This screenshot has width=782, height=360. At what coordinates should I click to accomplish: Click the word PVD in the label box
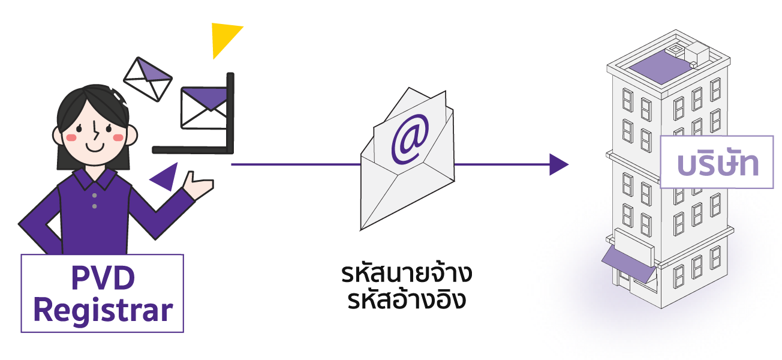pos(103,278)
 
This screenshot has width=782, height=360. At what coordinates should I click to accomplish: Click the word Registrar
pos(103,310)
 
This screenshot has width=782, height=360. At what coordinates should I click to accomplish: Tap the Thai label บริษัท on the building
pos(718,163)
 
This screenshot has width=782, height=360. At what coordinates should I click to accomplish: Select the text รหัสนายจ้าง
pos(407,274)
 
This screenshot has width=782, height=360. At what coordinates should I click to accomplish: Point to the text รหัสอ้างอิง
pos(407,299)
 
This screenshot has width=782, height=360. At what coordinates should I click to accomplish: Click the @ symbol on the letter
pos(410,139)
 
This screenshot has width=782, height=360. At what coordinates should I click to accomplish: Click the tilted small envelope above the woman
pos(148,79)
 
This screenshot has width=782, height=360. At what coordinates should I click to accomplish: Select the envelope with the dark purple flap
pos(204,108)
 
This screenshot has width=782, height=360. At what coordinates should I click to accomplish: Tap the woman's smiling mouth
pos(95,147)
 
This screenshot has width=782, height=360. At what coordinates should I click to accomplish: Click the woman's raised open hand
pos(197,185)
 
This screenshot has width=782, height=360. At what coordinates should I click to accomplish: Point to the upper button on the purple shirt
pos(94,196)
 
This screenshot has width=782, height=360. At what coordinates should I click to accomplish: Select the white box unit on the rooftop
pos(697,54)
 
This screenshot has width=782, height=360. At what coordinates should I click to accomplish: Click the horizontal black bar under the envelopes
pos(191,150)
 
